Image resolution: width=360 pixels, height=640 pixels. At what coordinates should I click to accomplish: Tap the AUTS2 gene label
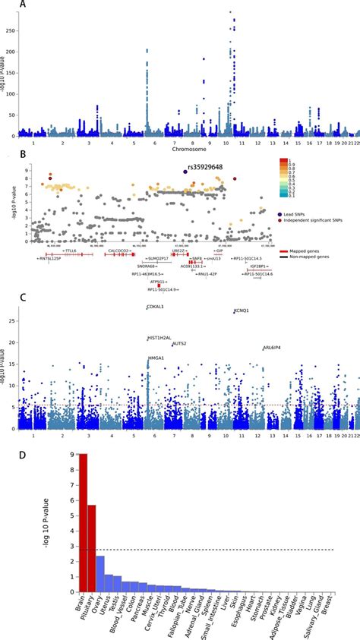pyautogui.click(x=179, y=343)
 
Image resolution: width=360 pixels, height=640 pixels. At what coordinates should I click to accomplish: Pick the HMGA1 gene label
pyautogui.click(x=156, y=358)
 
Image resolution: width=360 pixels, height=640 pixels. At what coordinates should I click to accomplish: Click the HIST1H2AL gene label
pyautogui.click(x=159, y=338)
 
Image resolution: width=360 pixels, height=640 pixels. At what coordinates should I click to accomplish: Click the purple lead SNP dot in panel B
pyautogui.click(x=185, y=172)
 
